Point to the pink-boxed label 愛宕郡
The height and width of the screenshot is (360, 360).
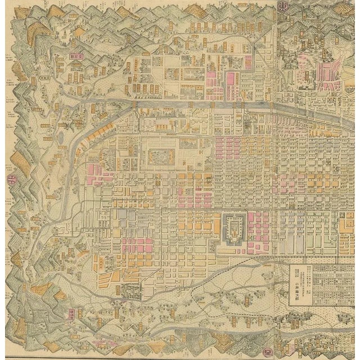(75, 56)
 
